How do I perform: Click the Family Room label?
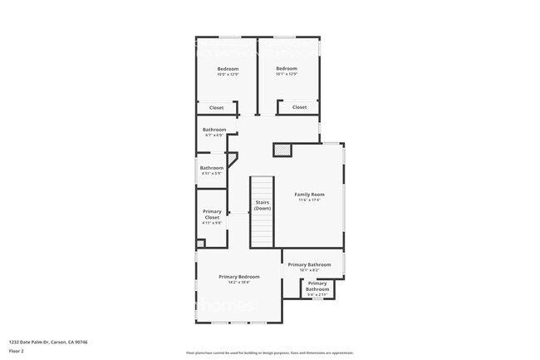pyautogui.click(x=309, y=195)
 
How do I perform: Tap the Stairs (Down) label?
pyautogui.click(x=263, y=205)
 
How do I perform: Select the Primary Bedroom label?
pyautogui.click(x=239, y=277)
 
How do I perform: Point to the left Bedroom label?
pyautogui.click(x=228, y=68)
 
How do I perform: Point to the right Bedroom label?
pyautogui.click(x=287, y=68)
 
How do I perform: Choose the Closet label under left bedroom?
pyautogui.click(x=216, y=107)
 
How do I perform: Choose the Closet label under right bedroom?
pyautogui.click(x=299, y=107)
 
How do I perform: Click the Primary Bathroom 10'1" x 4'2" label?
pyautogui.click(x=309, y=265)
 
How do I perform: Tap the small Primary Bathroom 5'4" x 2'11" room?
pyautogui.click(x=317, y=288)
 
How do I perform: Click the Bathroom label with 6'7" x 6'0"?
pyautogui.click(x=214, y=130)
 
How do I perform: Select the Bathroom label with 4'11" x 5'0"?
pyautogui.click(x=211, y=168)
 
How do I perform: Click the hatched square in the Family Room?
pyautogui.click(x=284, y=150)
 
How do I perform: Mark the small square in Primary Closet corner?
pyautogui.click(x=200, y=243)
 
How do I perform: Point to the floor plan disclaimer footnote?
pyautogui.click(x=269, y=353)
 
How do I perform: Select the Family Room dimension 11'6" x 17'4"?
pyautogui.click(x=309, y=200)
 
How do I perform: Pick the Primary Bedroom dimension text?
pyautogui.click(x=239, y=282)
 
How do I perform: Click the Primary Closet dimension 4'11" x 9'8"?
pyautogui.click(x=212, y=223)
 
